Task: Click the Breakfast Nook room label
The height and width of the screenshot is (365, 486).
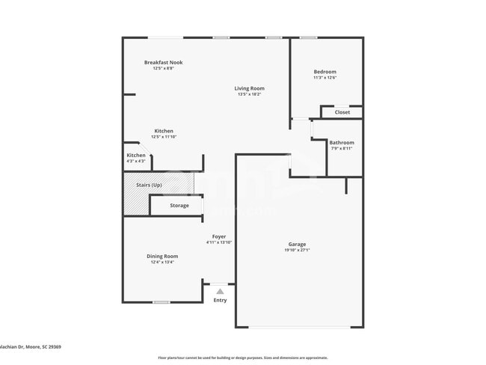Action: [x=163, y=63]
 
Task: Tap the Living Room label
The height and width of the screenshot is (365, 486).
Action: [x=250, y=88]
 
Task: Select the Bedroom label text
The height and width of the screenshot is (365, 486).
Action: [x=325, y=72]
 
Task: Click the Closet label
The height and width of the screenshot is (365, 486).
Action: [x=342, y=112]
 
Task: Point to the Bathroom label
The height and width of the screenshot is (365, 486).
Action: [x=342, y=142]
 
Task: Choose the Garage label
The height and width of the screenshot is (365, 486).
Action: [x=297, y=245]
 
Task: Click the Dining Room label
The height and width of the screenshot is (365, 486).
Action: [x=162, y=256]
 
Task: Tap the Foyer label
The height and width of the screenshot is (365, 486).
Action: [x=219, y=236]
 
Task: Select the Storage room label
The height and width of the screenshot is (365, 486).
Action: [x=179, y=205]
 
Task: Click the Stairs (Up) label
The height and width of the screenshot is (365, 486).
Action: [x=148, y=185]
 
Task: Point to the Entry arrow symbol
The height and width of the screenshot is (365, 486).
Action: [x=220, y=292]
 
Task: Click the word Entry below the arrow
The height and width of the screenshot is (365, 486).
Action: [x=220, y=300]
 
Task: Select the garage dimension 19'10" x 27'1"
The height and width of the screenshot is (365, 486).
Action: [x=297, y=251]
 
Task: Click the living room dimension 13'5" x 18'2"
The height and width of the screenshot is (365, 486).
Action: [x=250, y=94]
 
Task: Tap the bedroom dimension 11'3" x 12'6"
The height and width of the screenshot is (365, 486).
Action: [x=325, y=78]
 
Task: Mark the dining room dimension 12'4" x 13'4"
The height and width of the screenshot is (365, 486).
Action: [x=162, y=262]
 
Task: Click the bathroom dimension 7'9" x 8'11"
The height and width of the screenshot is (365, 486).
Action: [x=342, y=148]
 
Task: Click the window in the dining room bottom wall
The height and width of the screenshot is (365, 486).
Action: [x=161, y=302]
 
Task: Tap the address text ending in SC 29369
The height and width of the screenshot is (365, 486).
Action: [x=31, y=346]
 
